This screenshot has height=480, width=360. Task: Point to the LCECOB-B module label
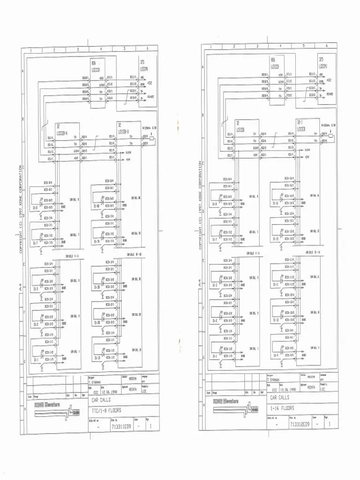[125, 132]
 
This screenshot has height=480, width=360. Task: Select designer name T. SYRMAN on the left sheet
[96, 382]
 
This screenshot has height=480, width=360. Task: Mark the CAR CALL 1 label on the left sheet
[75, 351]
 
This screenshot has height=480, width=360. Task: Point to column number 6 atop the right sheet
[327, 46]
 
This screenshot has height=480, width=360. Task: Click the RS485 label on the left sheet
[151, 97]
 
